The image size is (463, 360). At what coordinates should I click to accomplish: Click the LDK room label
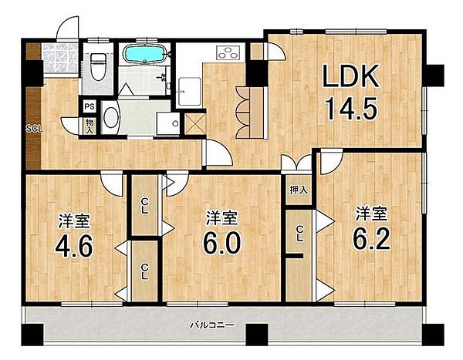(351, 76)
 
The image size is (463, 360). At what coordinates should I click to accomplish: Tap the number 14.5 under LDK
(351, 109)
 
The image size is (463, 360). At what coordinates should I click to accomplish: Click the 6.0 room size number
(221, 242)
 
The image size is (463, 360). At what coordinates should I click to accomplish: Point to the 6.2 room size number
(371, 238)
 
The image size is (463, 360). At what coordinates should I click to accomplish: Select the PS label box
(89, 106)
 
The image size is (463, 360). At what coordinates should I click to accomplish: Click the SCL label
(34, 129)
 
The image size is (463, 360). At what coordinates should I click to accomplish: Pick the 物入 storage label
(90, 126)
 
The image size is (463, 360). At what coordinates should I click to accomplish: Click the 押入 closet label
(299, 190)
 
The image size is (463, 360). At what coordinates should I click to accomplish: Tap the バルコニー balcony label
(212, 325)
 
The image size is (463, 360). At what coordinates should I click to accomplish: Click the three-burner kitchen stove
(230, 52)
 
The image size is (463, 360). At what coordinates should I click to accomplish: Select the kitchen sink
(189, 92)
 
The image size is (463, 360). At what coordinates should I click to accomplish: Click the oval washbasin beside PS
(111, 117)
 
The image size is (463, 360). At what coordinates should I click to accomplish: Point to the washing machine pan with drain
(168, 123)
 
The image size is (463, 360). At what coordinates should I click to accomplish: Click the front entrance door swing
(68, 28)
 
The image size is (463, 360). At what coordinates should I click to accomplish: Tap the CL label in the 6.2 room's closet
(299, 234)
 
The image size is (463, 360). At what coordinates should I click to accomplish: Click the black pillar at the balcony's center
(257, 335)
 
